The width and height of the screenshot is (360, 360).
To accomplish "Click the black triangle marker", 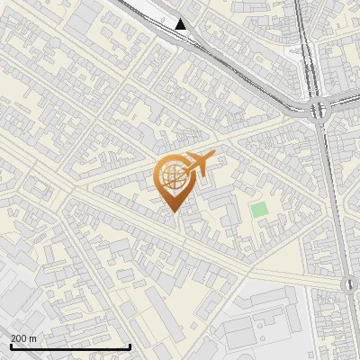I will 181,24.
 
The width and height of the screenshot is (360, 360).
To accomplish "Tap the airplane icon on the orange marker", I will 199,164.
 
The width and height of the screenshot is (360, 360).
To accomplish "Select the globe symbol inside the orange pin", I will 174,176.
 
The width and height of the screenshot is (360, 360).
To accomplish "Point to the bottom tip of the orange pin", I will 174,212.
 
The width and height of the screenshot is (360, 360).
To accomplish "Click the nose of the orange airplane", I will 214,154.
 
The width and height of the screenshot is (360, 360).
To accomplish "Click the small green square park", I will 259,210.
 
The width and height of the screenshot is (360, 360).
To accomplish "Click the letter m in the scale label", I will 33,338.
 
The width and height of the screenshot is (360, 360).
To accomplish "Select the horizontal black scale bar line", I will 70,346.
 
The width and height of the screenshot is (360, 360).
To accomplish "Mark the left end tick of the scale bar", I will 10,346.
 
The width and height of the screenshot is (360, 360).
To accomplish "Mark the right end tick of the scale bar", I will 130,346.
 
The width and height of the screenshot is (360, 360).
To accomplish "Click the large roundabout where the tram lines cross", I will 318,111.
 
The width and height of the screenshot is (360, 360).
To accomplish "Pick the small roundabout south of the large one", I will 349,284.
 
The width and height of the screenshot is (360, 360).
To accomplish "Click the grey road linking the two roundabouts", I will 334,198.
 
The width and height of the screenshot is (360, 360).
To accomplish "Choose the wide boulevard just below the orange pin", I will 135,216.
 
